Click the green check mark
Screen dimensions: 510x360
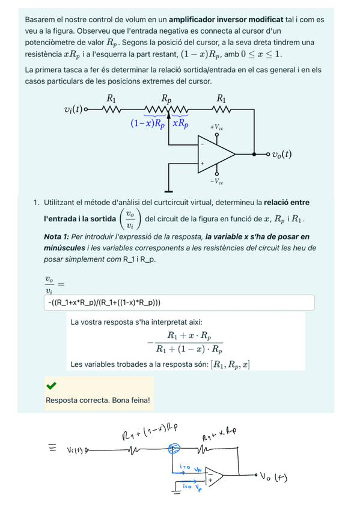point(51,386)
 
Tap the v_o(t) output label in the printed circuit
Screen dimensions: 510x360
point(281,153)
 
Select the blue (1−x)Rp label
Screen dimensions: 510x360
point(147,124)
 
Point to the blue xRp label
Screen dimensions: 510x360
point(180,124)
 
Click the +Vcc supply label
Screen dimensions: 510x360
point(217,127)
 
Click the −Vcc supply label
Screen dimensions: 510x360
point(217,181)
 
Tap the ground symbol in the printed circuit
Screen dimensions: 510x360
point(169,191)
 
